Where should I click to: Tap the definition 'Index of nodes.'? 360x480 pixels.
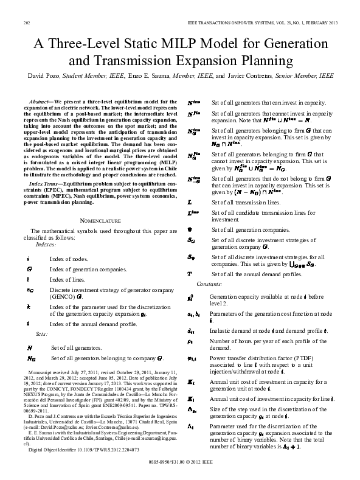(68, 259)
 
